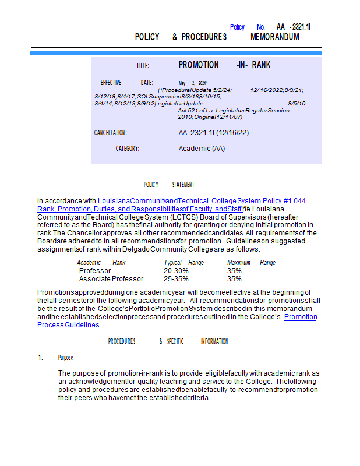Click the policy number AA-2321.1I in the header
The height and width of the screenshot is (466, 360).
294,27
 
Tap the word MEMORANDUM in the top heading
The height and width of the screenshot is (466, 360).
275,37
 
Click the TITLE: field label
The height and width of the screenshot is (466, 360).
143,66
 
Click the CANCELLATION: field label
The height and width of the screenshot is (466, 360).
111,133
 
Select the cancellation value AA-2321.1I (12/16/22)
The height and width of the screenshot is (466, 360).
214,133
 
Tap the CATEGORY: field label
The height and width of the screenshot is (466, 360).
127,149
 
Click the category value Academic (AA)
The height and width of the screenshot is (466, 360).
202,149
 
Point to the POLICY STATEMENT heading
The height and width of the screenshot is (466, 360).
169,185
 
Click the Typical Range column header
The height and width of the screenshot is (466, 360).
183,263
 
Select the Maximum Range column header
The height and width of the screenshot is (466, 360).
251,263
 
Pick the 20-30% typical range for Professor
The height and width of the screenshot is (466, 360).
176,271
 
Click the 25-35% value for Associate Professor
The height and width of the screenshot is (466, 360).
176,279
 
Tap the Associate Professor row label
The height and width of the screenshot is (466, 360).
111,279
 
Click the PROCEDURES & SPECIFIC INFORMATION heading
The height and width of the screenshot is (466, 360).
168,341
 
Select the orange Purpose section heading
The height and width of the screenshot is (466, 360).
65,358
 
